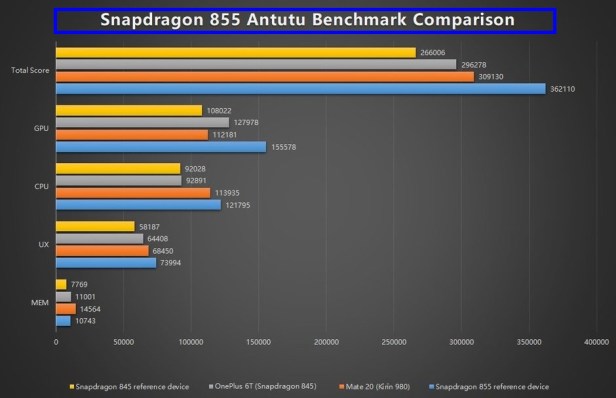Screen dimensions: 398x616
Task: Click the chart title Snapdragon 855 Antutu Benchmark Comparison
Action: point(308,20)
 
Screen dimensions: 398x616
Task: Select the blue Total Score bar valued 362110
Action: point(300,89)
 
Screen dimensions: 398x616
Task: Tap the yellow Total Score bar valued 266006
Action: point(235,53)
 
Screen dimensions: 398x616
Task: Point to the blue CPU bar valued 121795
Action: point(138,205)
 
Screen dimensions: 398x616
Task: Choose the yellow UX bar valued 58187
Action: point(95,227)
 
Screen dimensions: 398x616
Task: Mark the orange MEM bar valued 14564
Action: point(66,309)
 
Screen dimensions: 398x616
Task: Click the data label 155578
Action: point(282,147)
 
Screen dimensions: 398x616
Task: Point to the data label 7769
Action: point(82,285)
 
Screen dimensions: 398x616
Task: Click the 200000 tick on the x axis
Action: point(326,343)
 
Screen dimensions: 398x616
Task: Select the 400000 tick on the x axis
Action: point(597,343)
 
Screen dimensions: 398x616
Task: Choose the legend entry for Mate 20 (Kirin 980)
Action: point(380,385)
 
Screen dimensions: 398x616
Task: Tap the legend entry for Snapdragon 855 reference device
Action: point(490,385)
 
